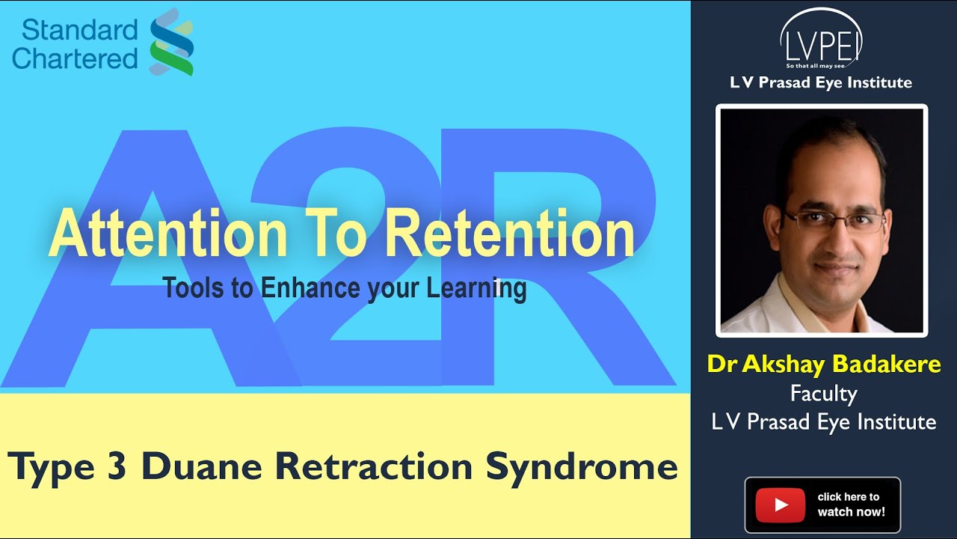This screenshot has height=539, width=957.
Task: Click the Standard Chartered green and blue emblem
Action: click(172, 42)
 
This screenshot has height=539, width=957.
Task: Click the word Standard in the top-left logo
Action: click(79, 30)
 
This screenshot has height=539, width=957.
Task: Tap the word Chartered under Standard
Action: click(75, 58)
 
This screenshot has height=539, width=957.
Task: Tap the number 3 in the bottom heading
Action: click(114, 467)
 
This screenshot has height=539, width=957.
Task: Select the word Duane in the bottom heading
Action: click(203, 467)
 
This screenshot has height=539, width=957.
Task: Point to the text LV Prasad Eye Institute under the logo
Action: click(821, 82)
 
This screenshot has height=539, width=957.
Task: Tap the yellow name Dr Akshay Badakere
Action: click(823, 365)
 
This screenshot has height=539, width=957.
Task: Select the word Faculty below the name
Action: click(823, 393)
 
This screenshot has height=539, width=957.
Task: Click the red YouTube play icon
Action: click(780, 505)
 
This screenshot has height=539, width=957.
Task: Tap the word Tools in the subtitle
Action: click(194, 288)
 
